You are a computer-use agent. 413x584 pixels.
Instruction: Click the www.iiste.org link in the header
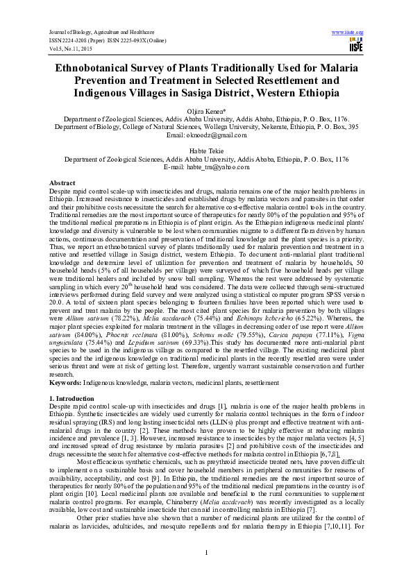click(x=348, y=33)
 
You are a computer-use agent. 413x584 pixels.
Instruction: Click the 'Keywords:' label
click(x=66, y=383)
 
